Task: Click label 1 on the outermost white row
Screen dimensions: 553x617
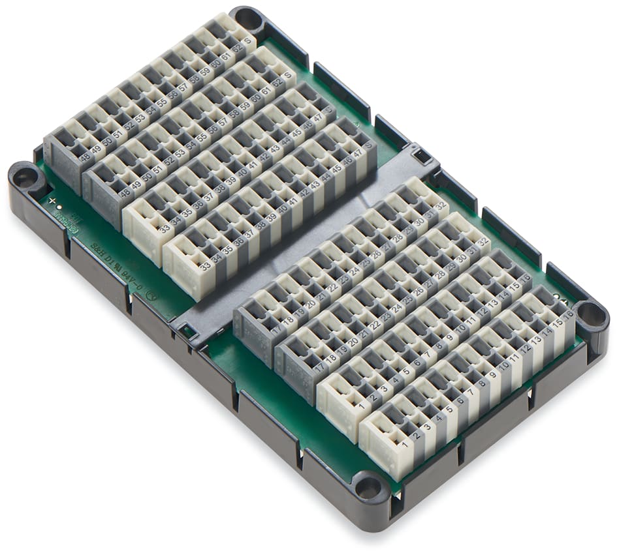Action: [x=405, y=445]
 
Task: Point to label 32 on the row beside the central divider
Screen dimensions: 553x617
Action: [x=441, y=205]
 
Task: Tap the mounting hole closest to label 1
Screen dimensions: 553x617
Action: [x=370, y=486]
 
